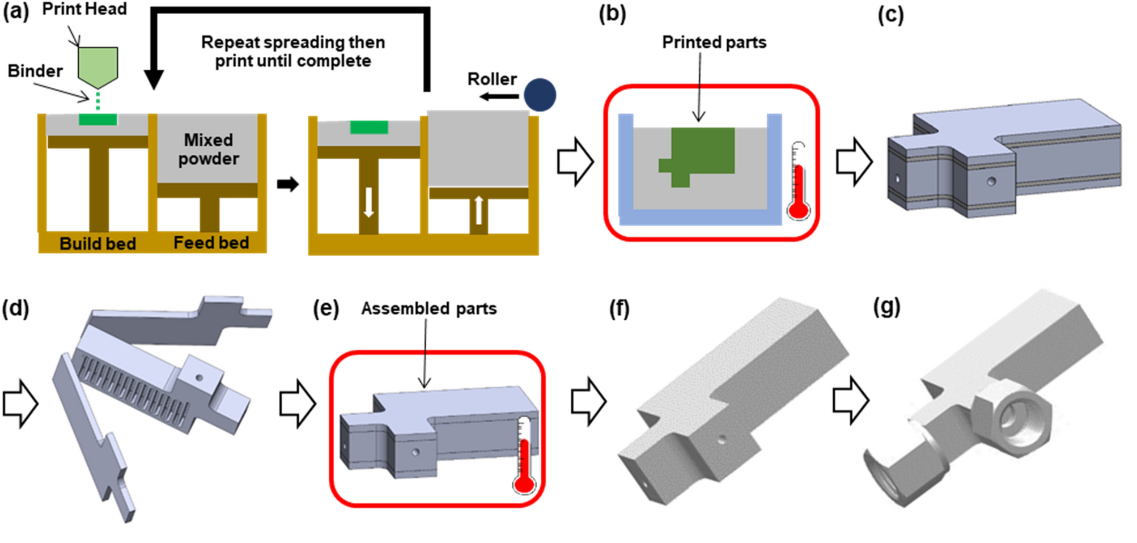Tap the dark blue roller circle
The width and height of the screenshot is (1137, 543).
tap(540, 95)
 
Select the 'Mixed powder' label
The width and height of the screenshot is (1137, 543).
tap(208, 149)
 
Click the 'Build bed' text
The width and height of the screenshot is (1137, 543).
tap(97, 244)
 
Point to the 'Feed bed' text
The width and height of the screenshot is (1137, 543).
tap(211, 243)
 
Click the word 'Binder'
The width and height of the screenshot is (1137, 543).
tap(35, 71)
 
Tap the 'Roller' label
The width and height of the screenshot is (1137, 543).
tap(491, 79)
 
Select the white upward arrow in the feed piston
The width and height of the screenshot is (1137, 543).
tap(478, 209)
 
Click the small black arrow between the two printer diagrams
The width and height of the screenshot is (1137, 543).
tap(287, 184)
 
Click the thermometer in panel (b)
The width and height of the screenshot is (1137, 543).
tap(798, 181)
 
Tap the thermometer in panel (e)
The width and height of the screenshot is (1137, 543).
tap(524, 456)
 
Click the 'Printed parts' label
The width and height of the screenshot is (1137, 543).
tap(714, 43)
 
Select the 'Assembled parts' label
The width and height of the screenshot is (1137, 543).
tap(429, 308)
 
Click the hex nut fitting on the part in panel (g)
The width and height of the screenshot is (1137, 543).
tap(1012, 418)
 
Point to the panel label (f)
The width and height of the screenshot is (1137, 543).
tap(619, 309)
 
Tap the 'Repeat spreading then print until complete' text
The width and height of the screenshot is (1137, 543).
tap(293, 52)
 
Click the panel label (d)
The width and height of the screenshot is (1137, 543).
tap(15, 309)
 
